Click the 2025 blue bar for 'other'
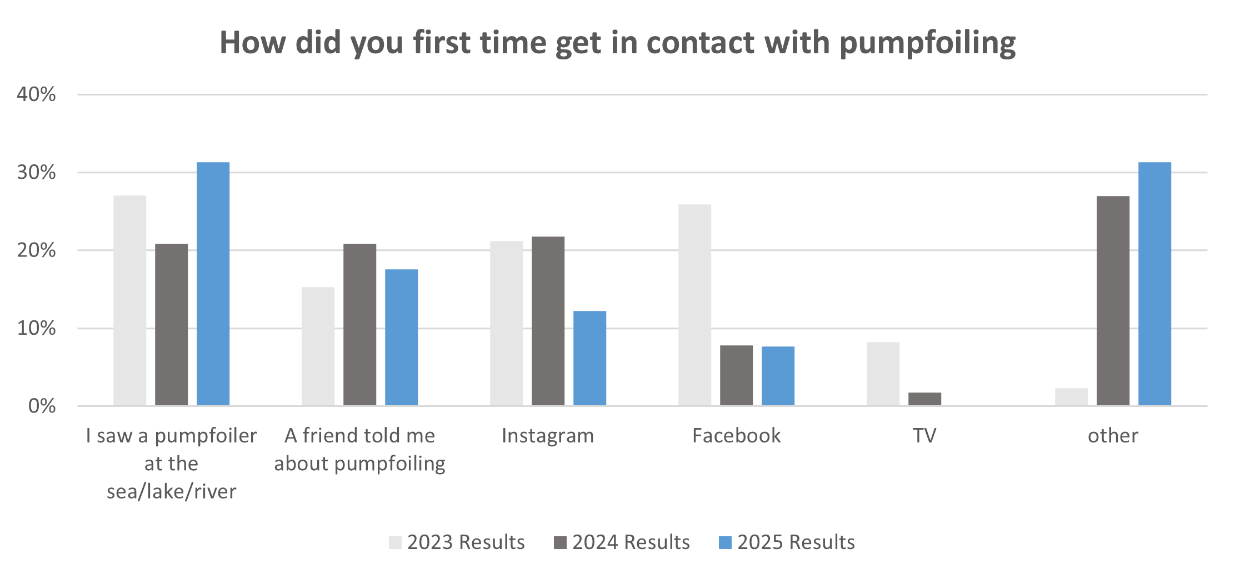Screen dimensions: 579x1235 tap(1154, 284)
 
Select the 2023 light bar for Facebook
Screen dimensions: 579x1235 tap(694, 305)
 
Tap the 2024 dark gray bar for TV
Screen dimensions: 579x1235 tap(924, 399)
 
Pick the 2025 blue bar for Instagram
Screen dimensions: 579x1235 tap(589, 358)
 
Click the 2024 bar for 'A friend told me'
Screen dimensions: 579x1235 tap(359, 324)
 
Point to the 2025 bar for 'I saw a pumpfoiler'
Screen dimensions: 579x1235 tap(213, 284)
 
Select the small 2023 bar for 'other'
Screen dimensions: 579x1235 tap(1071, 396)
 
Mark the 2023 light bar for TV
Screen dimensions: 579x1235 tap(883, 374)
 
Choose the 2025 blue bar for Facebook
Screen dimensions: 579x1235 tap(778, 376)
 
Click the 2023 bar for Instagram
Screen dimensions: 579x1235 tap(506, 323)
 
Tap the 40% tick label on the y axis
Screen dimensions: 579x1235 tap(36, 94)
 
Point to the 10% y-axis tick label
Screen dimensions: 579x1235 tap(36, 328)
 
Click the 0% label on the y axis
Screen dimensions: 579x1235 tap(42, 406)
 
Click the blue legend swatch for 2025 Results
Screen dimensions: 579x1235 tap(725, 542)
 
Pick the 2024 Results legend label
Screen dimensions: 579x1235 tap(631, 542)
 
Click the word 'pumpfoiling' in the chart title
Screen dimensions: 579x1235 tap(927, 43)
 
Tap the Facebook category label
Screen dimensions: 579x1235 tap(736, 436)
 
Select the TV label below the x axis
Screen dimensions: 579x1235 tap(924, 436)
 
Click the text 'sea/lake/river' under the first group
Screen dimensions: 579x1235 tap(171, 491)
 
